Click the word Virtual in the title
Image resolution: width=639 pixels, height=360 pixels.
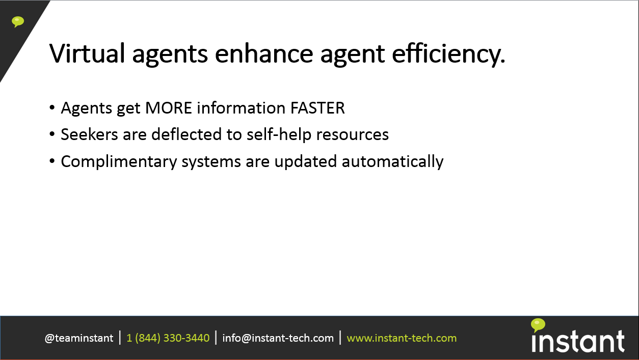(x=87, y=53)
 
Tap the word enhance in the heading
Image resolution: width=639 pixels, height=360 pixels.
(x=264, y=53)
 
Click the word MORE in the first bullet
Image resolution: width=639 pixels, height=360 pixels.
(x=169, y=108)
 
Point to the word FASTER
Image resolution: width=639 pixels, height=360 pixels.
(x=317, y=108)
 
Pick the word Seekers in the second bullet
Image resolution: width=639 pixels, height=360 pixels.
(x=89, y=134)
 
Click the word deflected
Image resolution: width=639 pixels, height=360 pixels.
(x=187, y=134)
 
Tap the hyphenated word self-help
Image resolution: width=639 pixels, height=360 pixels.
(x=279, y=134)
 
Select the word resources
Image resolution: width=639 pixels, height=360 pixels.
(x=352, y=135)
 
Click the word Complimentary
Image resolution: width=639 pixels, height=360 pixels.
(x=119, y=162)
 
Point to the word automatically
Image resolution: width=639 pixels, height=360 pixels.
(x=392, y=162)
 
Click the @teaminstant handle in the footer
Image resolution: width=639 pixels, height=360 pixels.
(x=79, y=338)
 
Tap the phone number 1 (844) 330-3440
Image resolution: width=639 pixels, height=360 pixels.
(x=168, y=338)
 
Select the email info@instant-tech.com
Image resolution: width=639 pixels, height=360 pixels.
(x=278, y=338)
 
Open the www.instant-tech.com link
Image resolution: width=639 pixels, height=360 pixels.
(x=402, y=338)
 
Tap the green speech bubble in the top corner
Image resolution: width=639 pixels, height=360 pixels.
(x=18, y=22)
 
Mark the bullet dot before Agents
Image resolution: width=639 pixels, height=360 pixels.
(x=52, y=108)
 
